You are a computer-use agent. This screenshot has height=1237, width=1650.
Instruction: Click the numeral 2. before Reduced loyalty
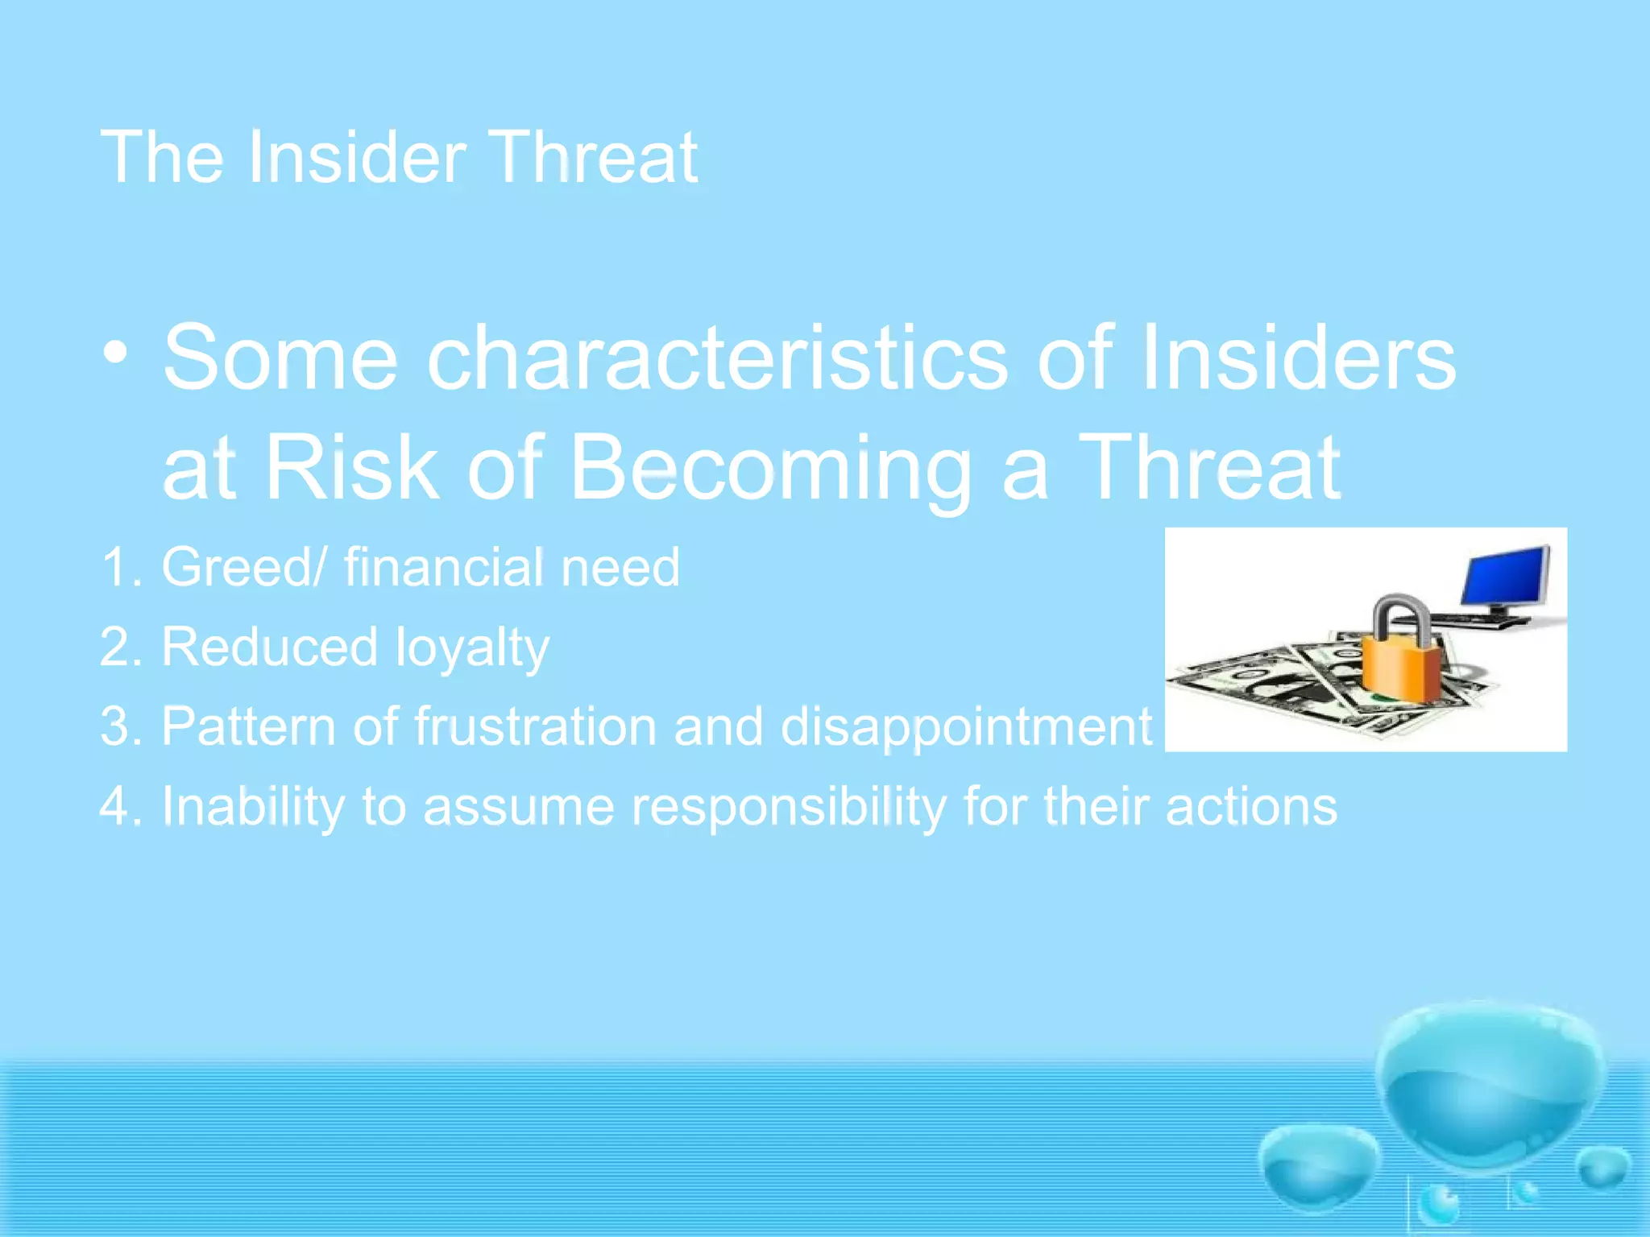tap(121, 647)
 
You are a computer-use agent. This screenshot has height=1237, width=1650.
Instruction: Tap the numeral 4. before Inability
tap(121, 806)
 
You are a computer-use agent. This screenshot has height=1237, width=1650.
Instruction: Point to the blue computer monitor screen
tap(1506, 577)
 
